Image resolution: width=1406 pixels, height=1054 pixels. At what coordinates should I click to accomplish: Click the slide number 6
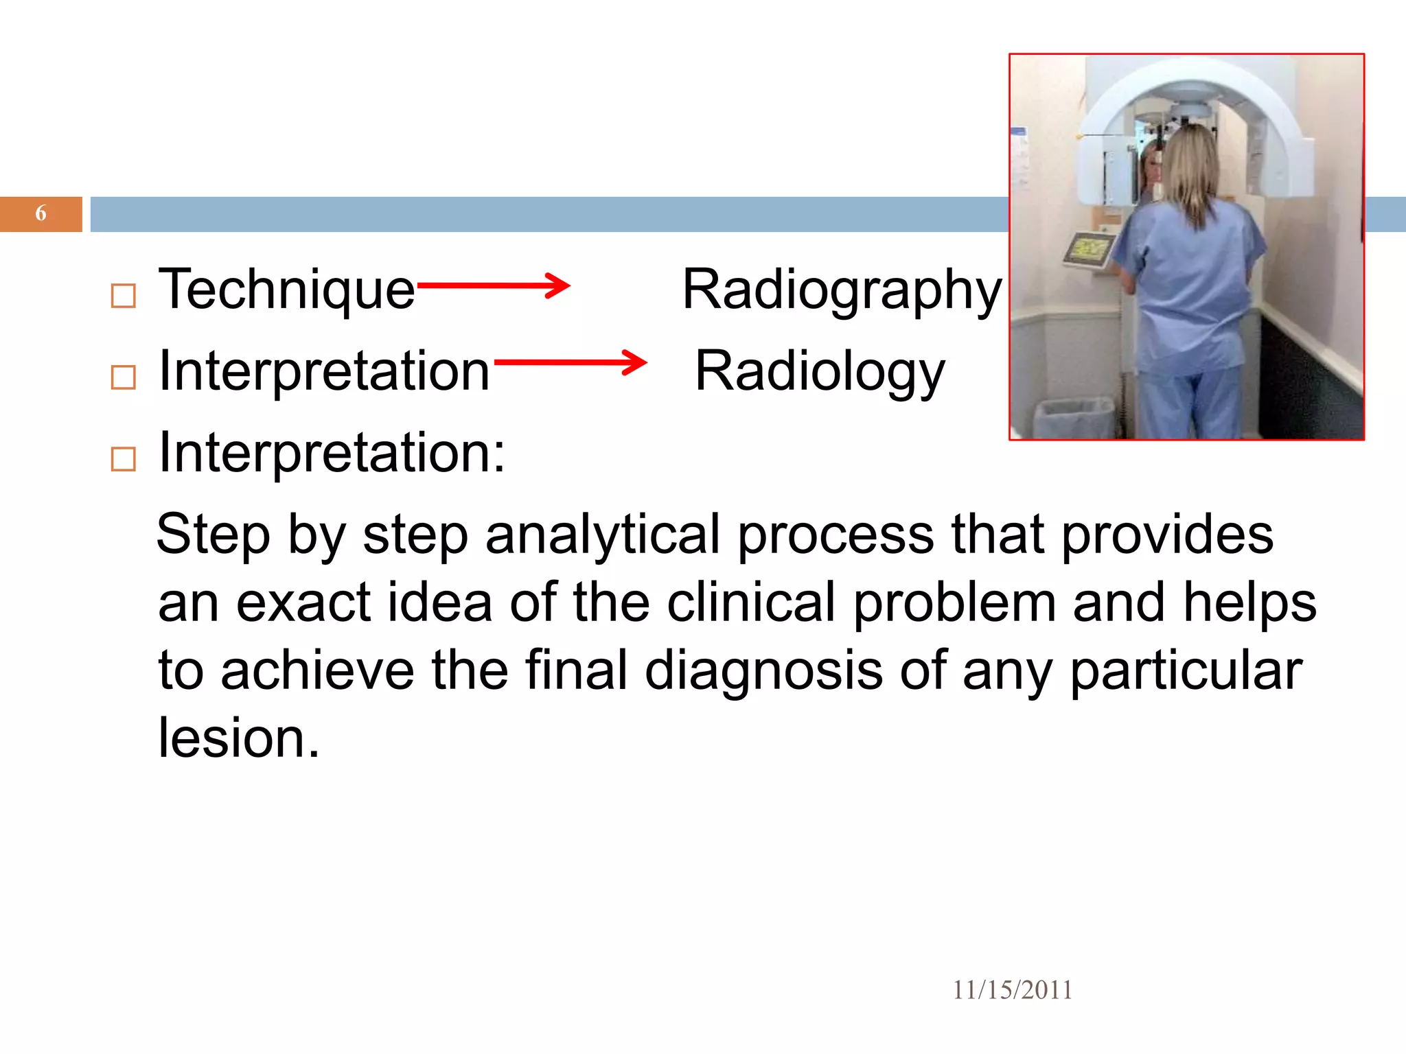(x=41, y=213)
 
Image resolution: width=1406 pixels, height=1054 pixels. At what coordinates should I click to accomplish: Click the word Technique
(x=286, y=290)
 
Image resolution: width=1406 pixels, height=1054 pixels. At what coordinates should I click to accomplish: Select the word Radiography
(x=842, y=290)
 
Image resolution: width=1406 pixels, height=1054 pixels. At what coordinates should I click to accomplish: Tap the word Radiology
(x=820, y=372)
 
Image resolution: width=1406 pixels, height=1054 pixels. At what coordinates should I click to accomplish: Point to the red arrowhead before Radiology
(x=635, y=362)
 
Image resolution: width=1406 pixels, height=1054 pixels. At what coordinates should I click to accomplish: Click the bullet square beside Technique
(x=124, y=296)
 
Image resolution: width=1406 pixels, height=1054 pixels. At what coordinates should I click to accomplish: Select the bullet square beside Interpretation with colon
(x=124, y=459)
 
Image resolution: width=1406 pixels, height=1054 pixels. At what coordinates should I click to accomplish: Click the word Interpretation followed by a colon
(x=332, y=453)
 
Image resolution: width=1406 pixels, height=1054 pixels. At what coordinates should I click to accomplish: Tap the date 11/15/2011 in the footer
(x=1012, y=990)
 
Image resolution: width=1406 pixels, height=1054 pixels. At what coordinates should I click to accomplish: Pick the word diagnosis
(x=763, y=670)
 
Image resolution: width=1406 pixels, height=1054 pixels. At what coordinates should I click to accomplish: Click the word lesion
(x=238, y=738)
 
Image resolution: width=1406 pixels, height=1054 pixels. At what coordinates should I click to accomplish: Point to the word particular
(x=1186, y=670)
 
